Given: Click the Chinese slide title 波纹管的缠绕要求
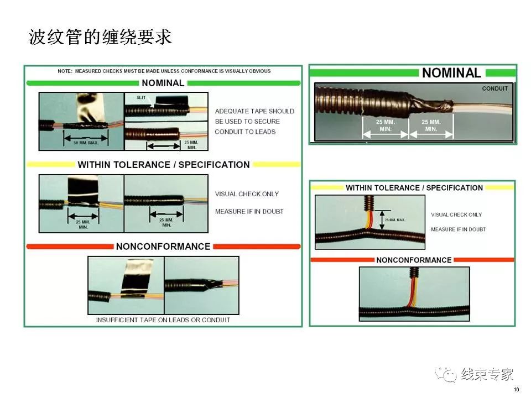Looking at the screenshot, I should click(x=100, y=38).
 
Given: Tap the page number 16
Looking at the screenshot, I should click(x=516, y=390).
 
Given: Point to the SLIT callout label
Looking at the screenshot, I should click(x=141, y=97).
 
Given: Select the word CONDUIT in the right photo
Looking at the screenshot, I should click(x=494, y=88).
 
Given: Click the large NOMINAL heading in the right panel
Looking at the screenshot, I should click(x=451, y=73).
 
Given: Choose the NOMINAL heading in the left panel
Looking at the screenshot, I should click(x=163, y=83).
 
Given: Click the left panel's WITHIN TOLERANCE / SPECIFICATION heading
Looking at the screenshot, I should click(x=164, y=165).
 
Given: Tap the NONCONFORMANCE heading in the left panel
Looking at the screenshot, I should click(x=163, y=247).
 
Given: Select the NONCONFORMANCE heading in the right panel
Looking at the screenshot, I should click(x=414, y=260).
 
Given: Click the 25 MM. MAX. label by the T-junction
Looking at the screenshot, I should click(x=395, y=220).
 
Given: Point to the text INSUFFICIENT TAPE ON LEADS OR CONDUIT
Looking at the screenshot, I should click(x=163, y=320).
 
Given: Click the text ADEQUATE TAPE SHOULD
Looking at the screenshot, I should click(x=254, y=111).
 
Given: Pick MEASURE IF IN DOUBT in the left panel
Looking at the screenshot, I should click(x=249, y=211).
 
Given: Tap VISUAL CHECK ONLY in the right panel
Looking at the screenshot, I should click(x=456, y=214).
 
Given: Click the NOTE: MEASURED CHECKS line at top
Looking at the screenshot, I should click(x=164, y=71).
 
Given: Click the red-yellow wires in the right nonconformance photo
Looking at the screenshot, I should click(x=413, y=293).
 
